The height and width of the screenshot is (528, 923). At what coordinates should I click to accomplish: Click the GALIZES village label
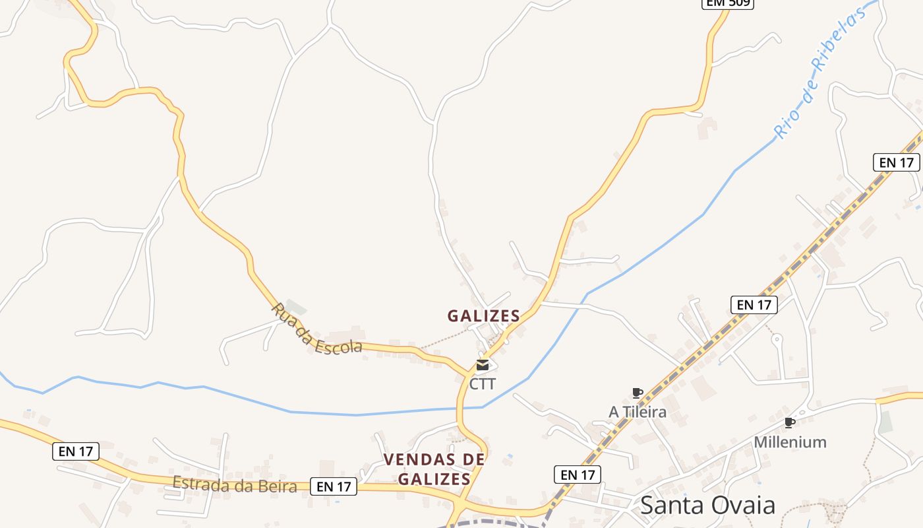click(x=484, y=316)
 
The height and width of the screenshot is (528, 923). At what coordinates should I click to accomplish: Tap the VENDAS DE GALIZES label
click(x=434, y=469)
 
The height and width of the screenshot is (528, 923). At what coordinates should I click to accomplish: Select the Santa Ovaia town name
click(x=708, y=506)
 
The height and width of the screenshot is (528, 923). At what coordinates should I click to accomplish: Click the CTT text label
click(x=483, y=383)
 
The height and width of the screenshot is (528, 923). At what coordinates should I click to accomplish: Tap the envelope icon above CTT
click(x=483, y=365)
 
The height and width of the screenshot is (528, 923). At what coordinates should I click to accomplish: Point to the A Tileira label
click(x=638, y=412)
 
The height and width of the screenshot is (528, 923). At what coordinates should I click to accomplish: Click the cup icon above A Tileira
click(x=638, y=393)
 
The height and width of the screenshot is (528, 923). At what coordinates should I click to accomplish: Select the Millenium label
click(x=790, y=442)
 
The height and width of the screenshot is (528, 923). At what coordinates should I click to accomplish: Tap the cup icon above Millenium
click(x=789, y=423)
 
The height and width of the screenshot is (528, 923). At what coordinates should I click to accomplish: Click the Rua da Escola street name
click(x=316, y=329)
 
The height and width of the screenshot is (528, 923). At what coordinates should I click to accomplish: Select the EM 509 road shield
click(x=727, y=3)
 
